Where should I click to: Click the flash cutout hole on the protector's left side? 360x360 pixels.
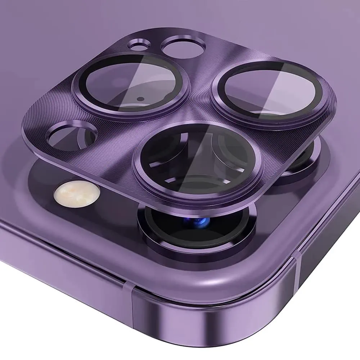click(72, 136)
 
